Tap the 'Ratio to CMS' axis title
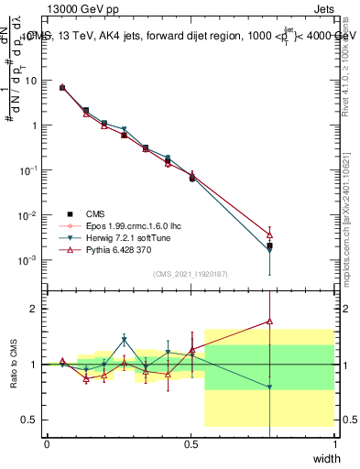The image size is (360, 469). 13,364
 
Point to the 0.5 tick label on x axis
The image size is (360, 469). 191,444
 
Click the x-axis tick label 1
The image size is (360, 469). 334,444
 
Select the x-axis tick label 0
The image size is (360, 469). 48,444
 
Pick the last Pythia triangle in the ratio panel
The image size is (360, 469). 269,321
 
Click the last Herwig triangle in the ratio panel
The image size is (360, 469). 269,387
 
